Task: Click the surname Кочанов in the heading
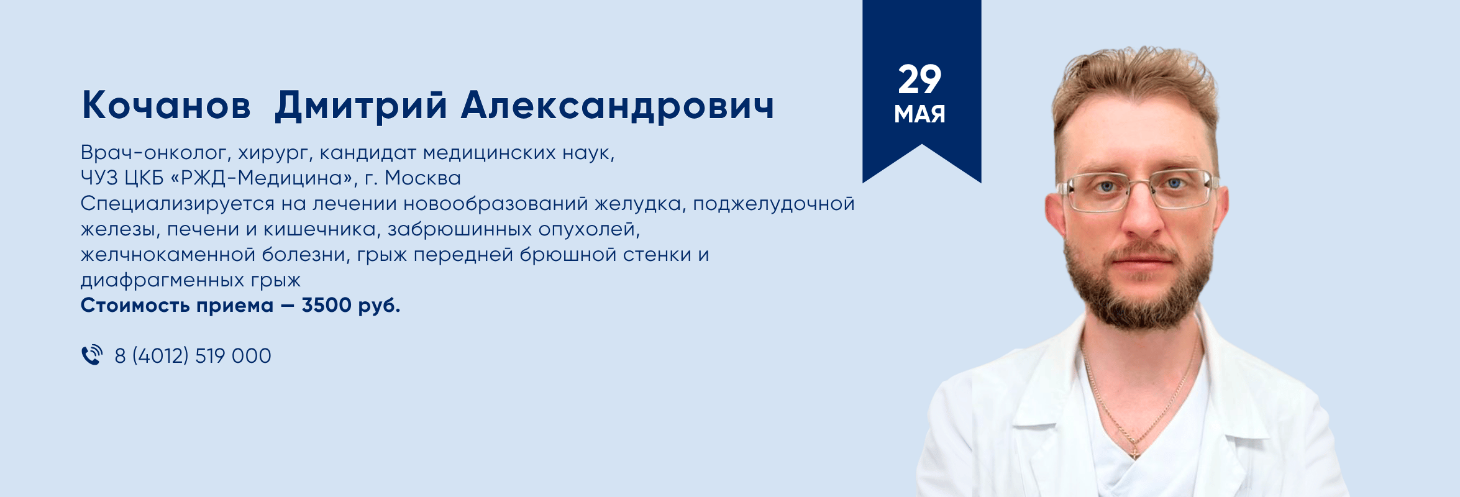(x=167, y=106)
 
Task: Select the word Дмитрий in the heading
(x=361, y=106)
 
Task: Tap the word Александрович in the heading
(x=618, y=106)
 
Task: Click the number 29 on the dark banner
(x=919, y=80)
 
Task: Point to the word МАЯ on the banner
(x=919, y=114)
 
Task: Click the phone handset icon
(x=92, y=355)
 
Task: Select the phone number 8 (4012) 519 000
(x=193, y=356)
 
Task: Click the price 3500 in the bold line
(x=326, y=305)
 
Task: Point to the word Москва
(x=422, y=178)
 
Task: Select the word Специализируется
(x=178, y=204)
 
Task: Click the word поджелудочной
(x=773, y=204)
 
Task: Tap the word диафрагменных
(x=162, y=280)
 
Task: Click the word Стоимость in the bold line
(x=135, y=305)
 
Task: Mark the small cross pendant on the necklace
(x=1134, y=453)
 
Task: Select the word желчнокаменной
(x=168, y=255)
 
